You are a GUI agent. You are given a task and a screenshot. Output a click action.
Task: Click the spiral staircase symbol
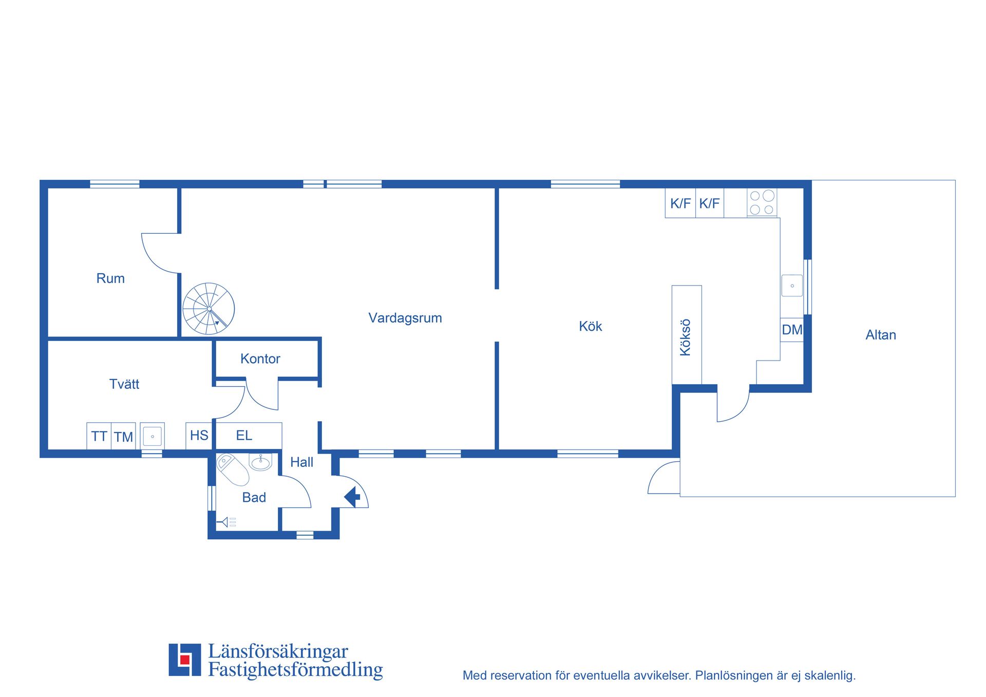[208, 309]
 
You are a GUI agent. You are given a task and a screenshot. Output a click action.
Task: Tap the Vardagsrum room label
[405, 318]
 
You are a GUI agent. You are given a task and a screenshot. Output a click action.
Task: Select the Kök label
[590, 326]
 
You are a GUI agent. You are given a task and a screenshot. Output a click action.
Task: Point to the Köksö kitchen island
[687, 334]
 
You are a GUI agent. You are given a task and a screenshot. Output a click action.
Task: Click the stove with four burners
[762, 202]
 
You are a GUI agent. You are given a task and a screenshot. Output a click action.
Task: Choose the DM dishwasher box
[792, 330]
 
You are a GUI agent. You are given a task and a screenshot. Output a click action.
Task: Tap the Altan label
[881, 335]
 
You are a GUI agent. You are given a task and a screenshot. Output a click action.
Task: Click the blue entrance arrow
[352, 497]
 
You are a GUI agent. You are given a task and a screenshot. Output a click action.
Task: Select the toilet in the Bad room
[233, 469]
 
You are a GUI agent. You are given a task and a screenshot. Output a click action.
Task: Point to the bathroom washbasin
[260, 462]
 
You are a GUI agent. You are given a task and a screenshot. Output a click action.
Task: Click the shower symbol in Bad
[226, 522]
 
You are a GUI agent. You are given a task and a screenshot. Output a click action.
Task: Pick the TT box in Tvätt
[99, 436]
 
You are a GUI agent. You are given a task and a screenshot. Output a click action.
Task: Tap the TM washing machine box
[123, 436]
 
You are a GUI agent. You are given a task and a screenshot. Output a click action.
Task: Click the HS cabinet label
[199, 436]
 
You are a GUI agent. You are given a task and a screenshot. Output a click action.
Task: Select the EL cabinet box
[249, 436]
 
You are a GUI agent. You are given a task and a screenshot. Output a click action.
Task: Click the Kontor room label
[260, 359]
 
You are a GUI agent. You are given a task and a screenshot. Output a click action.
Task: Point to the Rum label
[110, 278]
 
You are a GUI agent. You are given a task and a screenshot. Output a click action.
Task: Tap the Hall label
[301, 462]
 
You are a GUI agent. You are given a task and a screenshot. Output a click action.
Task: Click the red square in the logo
[185, 660]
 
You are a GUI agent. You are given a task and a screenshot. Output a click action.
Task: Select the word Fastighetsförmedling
[295, 670]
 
